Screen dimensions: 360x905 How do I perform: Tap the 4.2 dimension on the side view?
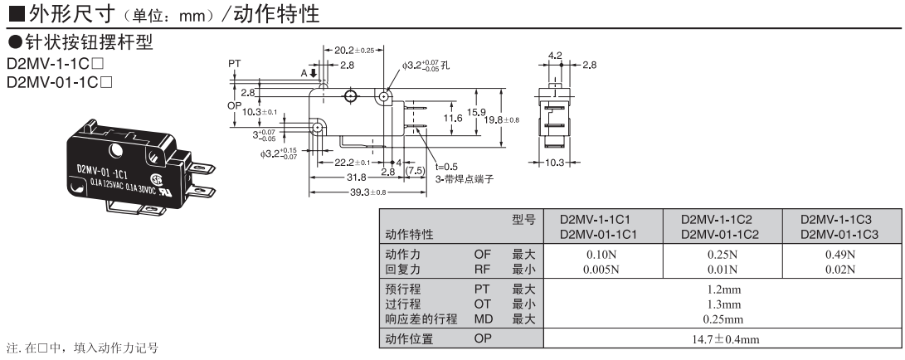click(554, 56)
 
